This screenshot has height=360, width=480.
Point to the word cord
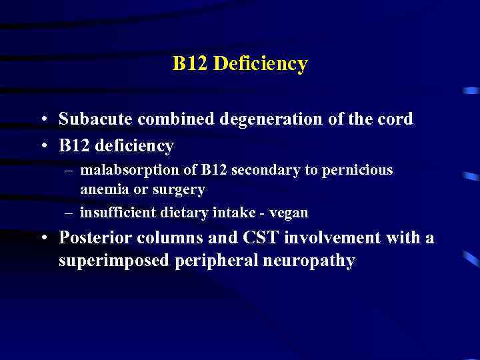tap(395, 119)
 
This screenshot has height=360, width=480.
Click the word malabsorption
tap(122, 170)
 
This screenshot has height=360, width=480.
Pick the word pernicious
tap(359, 170)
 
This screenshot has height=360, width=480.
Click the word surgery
tap(179, 190)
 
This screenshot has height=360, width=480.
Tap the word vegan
tap(289, 213)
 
